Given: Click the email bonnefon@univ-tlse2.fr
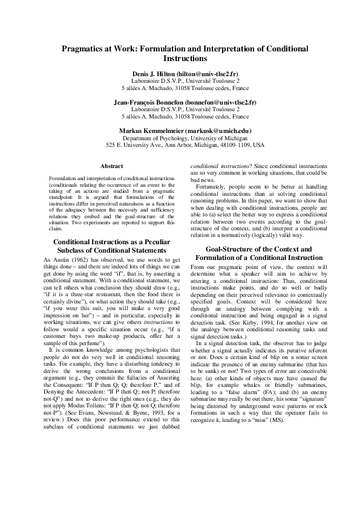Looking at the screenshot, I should (221, 103).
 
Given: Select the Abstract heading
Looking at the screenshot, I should (111, 166).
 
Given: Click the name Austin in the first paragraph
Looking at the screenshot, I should (62, 259).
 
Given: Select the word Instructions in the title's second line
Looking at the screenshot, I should (186, 59).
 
